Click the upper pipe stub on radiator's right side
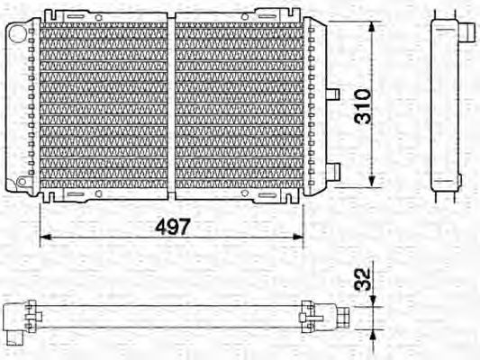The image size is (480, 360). pyautogui.click(x=331, y=93)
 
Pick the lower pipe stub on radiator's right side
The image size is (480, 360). pyautogui.click(x=332, y=169)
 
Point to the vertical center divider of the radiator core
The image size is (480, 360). pyautogui.click(x=171, y=103)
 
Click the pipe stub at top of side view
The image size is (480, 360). pyautogui.click(x=468, y=29)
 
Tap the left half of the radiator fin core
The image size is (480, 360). pyautogui.click(x=99, y=103)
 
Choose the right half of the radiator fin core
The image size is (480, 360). pyautogui.click(x=239, y=103)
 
